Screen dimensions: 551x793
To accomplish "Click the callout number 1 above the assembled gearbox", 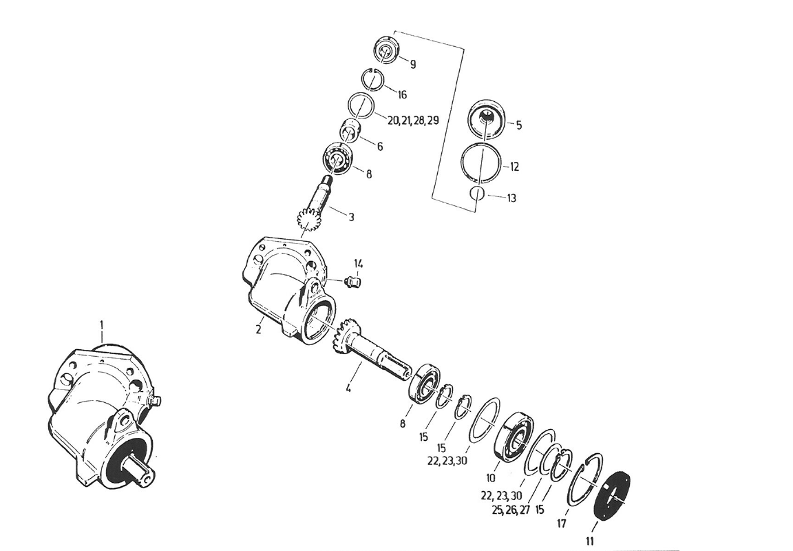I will [102, 323].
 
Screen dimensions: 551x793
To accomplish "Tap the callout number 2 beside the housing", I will [258, 329].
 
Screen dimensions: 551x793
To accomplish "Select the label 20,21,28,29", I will [413, 121].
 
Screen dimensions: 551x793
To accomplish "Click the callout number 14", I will [358, 263].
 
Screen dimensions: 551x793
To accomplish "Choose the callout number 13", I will [511, 198].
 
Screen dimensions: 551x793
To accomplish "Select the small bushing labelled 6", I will [350, 129].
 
